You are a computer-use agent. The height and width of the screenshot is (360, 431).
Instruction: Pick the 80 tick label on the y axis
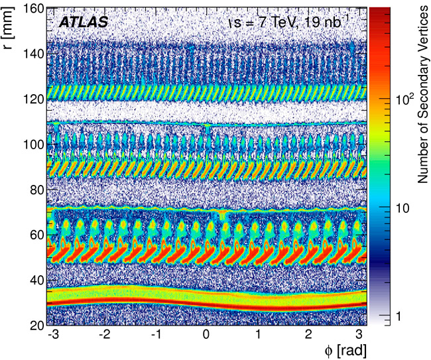click(32, 190)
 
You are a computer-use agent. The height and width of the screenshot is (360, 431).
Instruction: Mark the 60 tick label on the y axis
click(32, 235)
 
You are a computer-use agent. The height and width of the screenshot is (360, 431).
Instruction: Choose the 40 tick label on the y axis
click(32, 280)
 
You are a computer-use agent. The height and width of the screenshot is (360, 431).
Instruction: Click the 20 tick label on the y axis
click(32, 326)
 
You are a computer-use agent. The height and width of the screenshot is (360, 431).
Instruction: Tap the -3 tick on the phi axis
click(53, 335)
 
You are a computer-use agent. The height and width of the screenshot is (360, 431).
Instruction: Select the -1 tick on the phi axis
click(155, 335)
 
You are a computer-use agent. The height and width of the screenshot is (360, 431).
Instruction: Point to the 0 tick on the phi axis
click(207, 335)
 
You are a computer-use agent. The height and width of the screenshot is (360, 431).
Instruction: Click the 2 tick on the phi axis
click(309, 335)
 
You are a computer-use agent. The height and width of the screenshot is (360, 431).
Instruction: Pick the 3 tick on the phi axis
click(360, 335)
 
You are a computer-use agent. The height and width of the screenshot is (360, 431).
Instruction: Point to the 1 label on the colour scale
click(398, 316)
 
